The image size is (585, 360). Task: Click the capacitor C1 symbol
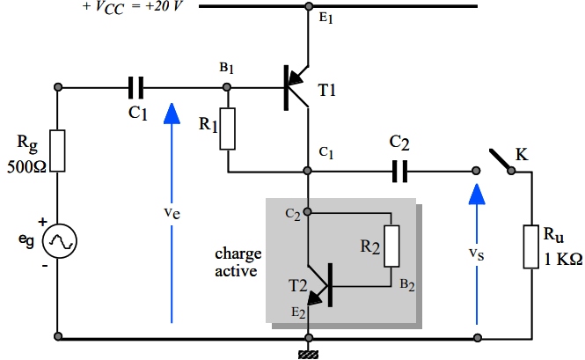(136, 87)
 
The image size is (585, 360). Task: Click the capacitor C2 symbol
(399, 171)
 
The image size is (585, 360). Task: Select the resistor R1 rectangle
(228, 129)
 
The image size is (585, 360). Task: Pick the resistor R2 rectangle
(391, 246)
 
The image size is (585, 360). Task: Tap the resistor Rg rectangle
(58, 151)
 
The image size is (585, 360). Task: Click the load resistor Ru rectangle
(531, 246)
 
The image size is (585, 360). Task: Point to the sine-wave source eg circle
(58, 239)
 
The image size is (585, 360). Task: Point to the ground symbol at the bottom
(309, 353)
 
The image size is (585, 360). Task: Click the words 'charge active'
(238, 262)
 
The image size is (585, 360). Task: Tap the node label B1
(227, 68)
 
